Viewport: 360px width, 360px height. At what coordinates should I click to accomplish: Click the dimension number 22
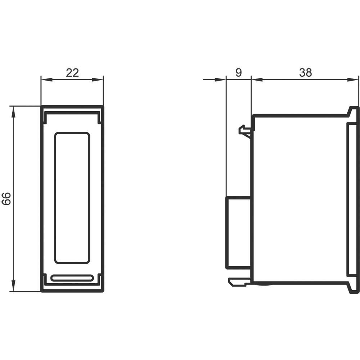click(x=72, y=73)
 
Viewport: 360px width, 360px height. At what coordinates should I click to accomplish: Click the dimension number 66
click(x=6, y=199)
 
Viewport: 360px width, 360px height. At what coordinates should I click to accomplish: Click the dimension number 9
click(x=239, y=73)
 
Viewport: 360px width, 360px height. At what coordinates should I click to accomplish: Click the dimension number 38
click(x=305, y=73)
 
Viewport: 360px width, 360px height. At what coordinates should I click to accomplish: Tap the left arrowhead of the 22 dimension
click(x=46, y=80)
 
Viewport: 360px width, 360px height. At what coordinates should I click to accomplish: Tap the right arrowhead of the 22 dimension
click(x=98, y=80)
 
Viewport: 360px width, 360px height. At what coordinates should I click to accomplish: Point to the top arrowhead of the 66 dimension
click(x=14, y=112)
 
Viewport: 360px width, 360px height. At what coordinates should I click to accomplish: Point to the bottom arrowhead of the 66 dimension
click(x=14, y=286)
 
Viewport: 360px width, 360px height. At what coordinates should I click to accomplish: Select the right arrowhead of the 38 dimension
click(x=353, y=80)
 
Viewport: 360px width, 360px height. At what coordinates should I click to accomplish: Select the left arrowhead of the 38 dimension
click(x=257, y=80)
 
